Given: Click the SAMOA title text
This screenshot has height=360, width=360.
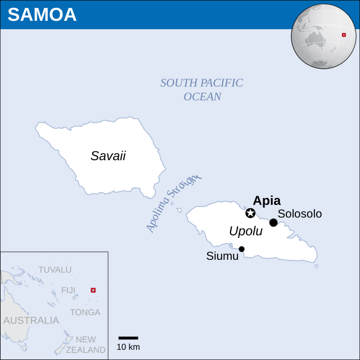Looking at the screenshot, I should coord(42,15).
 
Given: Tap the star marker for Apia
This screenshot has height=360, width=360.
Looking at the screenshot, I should coord(250,213).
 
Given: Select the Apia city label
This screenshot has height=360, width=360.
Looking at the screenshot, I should coord(267,201).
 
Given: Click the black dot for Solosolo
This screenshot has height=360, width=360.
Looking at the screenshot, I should coord(273,223).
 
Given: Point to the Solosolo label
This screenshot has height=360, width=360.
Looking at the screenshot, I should coord(300,214).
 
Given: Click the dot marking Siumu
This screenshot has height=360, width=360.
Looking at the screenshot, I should coord(242,249).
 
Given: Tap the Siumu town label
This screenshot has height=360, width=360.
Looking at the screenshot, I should coord(222,256).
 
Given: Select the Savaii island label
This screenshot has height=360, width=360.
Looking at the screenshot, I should coord(108,156).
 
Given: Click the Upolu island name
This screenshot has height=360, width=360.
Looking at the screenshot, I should coord(246,231).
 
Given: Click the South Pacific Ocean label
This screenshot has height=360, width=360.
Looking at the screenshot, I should coord(202,89).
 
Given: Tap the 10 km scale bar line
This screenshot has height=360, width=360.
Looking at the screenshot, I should coord(128,338).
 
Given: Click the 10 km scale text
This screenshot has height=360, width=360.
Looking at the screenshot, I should coord(128,347).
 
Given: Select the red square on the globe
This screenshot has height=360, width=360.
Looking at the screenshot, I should coord(344,35).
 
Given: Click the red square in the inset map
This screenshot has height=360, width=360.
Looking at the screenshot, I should coord(93,290).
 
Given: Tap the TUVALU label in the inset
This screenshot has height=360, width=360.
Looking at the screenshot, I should coord(55,269).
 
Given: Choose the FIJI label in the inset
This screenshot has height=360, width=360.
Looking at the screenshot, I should coord(68,290).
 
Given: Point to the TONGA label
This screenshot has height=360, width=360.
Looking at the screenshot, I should coord(85,312).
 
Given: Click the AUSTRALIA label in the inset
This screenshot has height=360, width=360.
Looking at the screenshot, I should coord(31,321).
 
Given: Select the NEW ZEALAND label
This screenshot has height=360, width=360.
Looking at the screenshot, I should coord(85,344).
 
